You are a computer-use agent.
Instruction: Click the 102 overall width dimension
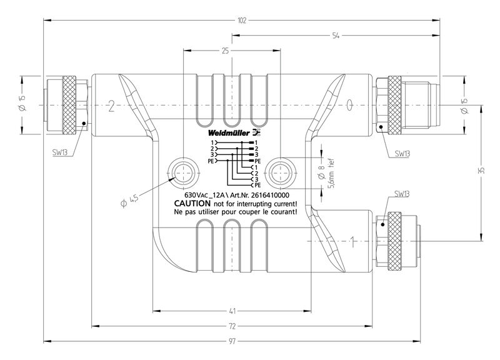242,20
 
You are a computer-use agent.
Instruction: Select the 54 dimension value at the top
336,36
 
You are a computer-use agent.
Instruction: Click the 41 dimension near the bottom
232,311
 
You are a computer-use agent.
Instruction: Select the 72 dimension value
232,326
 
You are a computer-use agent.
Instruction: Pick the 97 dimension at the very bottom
232,341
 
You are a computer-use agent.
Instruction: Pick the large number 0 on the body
350,102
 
